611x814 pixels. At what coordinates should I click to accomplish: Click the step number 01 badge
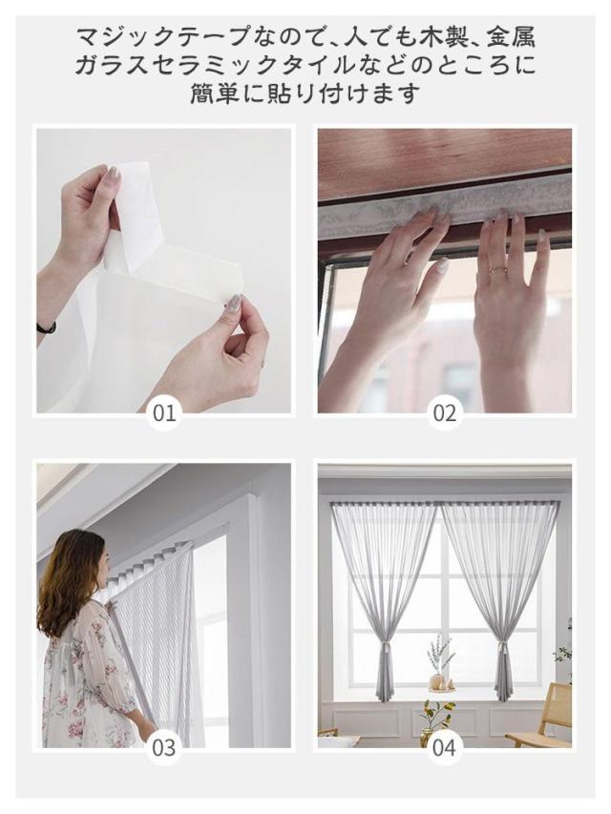click(x=164, y=414)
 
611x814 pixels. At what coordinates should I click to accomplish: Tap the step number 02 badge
click(x=445, y=414)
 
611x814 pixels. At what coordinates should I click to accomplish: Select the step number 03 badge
click(x=164, y=748)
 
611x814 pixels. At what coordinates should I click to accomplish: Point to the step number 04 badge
click(x=445, y=748)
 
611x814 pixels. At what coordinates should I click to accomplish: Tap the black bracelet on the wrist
click(x=47, y=327)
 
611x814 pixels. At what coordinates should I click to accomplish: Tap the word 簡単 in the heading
click(x=214, y=94)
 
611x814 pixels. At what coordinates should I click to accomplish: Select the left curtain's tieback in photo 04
click(x=387, y=647)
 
